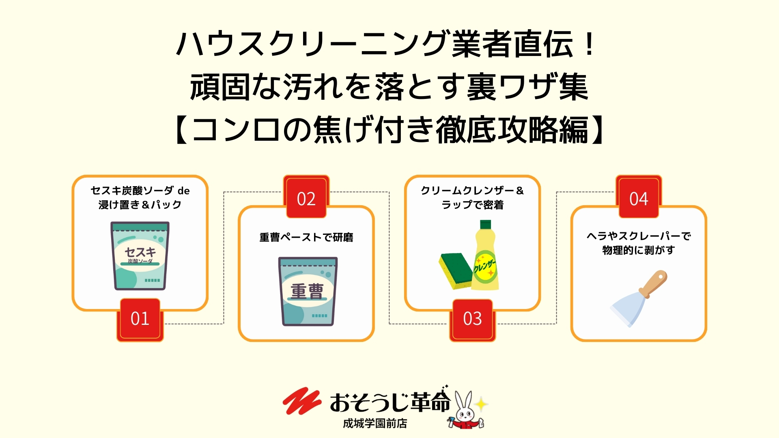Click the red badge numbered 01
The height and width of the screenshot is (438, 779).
pos(140,320)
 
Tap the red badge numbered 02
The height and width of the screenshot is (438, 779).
pos(306,197)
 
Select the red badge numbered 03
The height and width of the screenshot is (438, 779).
pos(472,320)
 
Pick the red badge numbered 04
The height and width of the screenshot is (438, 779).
pos(639,197)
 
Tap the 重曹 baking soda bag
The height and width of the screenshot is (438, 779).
pos(307,291)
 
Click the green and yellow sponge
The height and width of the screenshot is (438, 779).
pos(455,271)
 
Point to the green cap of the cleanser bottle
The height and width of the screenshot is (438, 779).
pos(485,225)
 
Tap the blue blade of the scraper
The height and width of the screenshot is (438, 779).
pos(627,310)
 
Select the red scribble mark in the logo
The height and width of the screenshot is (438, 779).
pos(301,401)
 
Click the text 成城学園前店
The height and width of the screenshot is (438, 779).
pos(375,423)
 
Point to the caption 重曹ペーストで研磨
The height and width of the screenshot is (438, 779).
pos(306,237)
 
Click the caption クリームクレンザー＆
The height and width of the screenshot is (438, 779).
pos(472,191)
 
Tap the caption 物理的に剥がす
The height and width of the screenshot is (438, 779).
pos(639,250)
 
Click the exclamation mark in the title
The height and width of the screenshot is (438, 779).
pos(590,44)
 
